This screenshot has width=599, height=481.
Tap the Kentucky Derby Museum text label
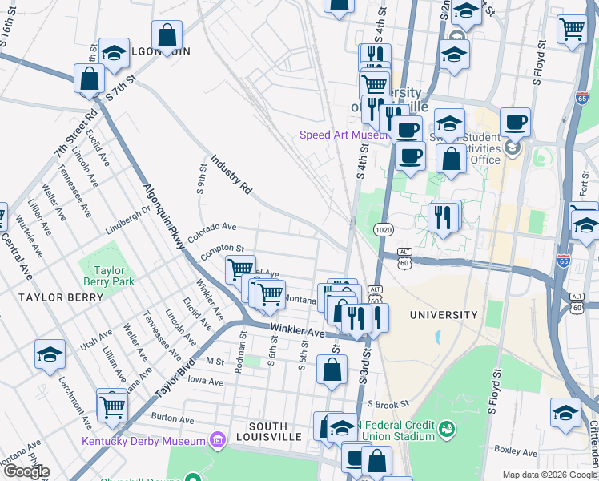[143, 441]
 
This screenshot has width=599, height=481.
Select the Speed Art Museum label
[344, 135]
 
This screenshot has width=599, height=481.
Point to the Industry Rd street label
[232, 176]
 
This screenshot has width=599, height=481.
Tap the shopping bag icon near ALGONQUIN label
[167, 35]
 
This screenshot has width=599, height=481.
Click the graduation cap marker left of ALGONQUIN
[115, 53]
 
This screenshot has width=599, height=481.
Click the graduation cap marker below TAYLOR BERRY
[50, 355]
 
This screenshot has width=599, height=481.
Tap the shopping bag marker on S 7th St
[89, 79]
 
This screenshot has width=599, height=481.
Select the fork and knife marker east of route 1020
[442, 216]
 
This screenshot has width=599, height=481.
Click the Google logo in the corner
[26, 471]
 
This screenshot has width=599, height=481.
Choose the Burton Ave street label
[173, 418]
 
